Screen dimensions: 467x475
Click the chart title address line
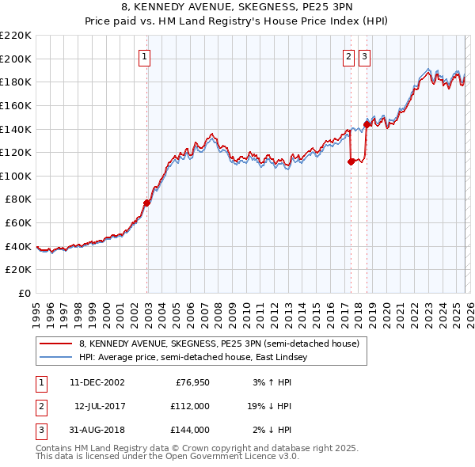(237, 8)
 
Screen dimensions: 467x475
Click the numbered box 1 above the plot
(146, 56)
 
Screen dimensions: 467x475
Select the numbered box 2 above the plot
(349, 56)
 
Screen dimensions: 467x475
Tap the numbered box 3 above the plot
(364, 56)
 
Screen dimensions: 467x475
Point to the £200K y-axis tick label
(16, 59)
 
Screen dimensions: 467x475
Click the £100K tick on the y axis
(16, 176)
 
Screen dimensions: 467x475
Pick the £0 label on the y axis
(25, 293)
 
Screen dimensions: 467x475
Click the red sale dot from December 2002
(147, 203)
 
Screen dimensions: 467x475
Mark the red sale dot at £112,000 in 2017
(351, 161)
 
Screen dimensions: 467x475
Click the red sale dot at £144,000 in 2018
(367, 124)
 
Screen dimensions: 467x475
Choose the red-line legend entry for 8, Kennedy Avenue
(218, 344)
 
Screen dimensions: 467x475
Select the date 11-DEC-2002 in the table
(97, 382)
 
